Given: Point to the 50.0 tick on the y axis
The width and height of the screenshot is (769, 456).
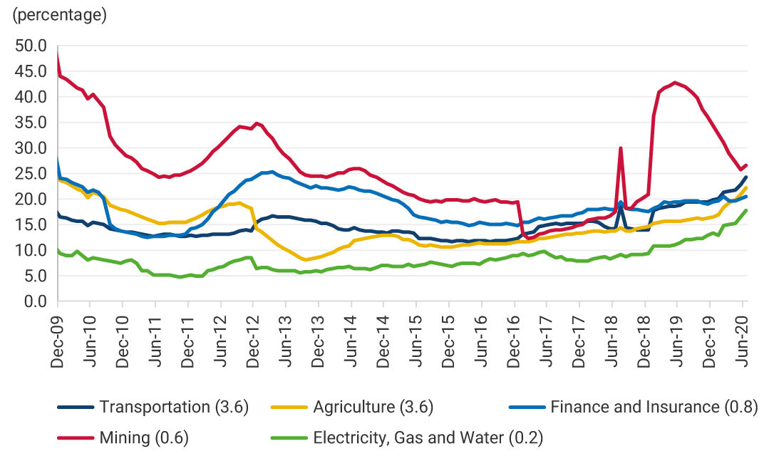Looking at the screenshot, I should pos(31,46).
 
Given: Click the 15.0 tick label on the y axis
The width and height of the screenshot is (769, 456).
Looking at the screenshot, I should pos(31,224).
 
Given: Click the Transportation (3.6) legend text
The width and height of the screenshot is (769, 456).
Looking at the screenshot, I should pos(174,408).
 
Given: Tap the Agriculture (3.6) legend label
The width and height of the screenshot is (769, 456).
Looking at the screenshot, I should pos(373,408).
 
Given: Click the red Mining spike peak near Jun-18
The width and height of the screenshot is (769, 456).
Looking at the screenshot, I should pos(621,148).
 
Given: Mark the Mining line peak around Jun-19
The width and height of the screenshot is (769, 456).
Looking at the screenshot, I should pos(675,83).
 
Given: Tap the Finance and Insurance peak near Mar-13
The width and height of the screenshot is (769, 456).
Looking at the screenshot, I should pos(272,172).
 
